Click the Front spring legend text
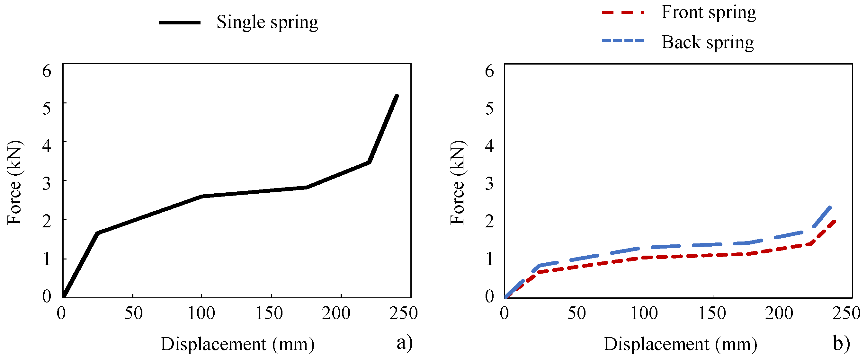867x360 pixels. [x=708, y=13]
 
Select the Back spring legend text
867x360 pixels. [x=707, y=42]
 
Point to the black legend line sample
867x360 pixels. [x=179, y=23]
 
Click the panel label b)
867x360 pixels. [x=841, y=343]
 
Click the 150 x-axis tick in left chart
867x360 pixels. [x=269, y=313]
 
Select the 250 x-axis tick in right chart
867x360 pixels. [x=846, y=313]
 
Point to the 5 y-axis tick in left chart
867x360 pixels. [x=47, y=108]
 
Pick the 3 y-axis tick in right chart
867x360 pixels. [x=489, y=183]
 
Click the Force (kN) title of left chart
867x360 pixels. [x=14, y=182]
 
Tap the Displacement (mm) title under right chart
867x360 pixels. [x=680, y=344]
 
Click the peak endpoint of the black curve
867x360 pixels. [x=397, y=96]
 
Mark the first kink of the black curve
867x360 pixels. [x=97, y=233]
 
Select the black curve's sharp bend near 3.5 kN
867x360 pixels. [x=369, y=162]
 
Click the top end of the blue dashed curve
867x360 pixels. [x=830, y=207]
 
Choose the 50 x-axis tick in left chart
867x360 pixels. [x=133, y=313]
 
